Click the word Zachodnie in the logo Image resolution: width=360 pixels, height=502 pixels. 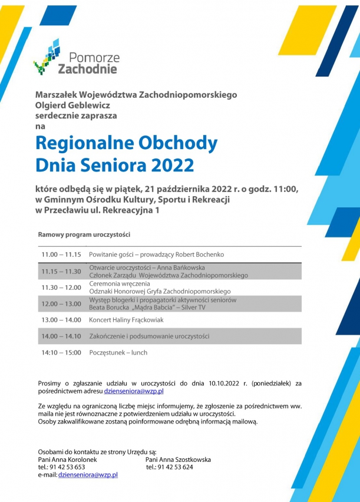pos(87,69)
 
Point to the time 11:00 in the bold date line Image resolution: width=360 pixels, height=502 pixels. pos(285,189)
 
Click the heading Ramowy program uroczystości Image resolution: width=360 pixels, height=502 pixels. pos(84,235)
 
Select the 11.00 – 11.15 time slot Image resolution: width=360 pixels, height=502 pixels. pos(61,255)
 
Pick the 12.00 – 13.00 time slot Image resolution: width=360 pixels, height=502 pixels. pos(61,303)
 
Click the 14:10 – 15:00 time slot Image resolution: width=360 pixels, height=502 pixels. pos(61,352)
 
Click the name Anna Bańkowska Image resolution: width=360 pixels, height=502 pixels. pos(181,267)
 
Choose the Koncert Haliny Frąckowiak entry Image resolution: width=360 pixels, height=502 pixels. pos(126,320)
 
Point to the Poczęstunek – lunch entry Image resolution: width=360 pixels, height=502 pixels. pos(118,352)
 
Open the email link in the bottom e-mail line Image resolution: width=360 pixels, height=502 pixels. pos(88,474)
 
